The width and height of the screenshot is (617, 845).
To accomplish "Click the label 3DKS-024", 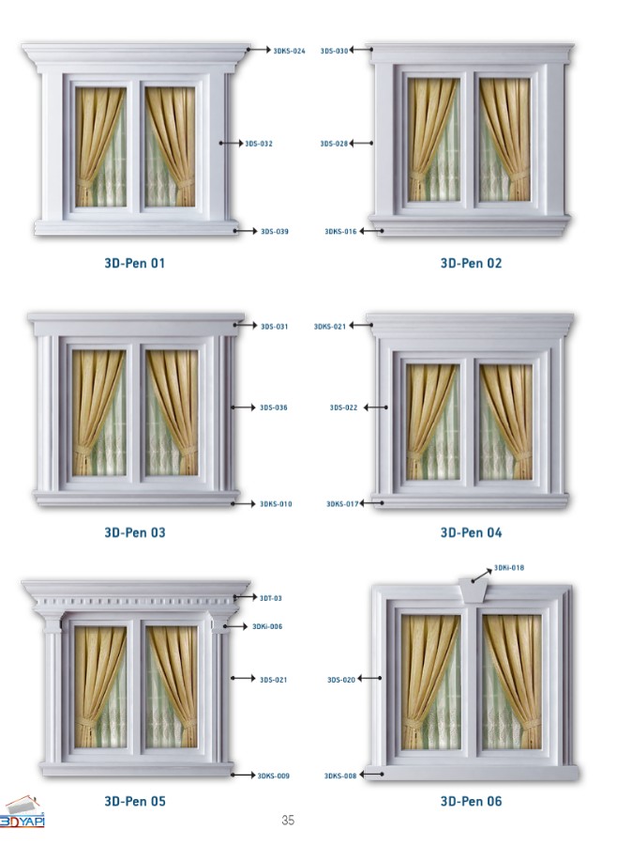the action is point(289,52).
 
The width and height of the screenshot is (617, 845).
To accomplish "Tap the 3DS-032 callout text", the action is point(259,144).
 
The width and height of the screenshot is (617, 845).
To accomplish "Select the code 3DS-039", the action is point(275,232).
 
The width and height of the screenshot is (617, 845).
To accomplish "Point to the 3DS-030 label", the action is point(335,52).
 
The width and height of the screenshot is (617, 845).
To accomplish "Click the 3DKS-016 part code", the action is point(340,232).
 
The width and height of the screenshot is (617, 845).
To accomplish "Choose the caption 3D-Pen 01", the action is point(135,264).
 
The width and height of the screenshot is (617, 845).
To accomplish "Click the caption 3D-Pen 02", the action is point(471,264).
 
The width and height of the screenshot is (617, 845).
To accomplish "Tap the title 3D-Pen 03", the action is point(135,533).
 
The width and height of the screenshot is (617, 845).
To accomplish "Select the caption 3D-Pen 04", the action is point(471,533).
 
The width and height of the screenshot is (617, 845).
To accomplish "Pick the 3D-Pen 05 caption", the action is point(135,802).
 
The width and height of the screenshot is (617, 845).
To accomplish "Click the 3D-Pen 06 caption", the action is point(471,802).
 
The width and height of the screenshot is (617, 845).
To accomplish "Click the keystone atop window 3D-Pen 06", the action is point(474,591).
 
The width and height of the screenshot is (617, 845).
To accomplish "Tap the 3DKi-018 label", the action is point(509,568).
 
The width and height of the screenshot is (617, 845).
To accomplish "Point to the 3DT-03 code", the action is point(271,599).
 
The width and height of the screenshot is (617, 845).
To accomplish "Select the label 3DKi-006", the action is point(267,627).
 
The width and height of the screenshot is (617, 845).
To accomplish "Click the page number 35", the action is point(288,821).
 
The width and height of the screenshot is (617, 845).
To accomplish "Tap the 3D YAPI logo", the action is point(23,812).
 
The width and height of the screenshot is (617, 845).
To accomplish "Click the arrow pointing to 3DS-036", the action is point(244,407).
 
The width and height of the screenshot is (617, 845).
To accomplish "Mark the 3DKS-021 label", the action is point(330,327).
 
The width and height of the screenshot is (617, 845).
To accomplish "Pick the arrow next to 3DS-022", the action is point(376,407).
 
